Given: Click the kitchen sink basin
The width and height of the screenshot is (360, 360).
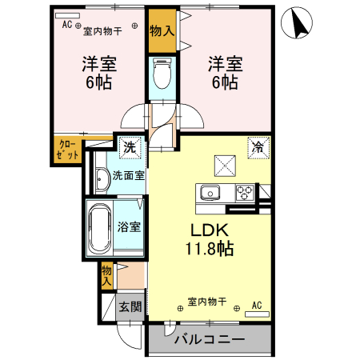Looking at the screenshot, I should [x=211, y=193].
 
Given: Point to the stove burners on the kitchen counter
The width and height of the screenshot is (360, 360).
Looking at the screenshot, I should [x=244, y=192].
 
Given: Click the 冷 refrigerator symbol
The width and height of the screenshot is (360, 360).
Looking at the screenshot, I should [x=259, y=146].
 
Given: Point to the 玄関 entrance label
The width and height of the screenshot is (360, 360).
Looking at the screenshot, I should [x=130, y=306].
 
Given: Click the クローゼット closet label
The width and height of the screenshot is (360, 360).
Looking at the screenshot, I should [x=67, y=150].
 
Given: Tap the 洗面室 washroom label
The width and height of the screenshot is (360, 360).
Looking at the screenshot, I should [x=128, y=175].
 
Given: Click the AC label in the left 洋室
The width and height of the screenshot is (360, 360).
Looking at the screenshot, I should [x=66, y=24].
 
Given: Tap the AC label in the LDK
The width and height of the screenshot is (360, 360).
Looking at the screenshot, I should [x=257, y=305].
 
